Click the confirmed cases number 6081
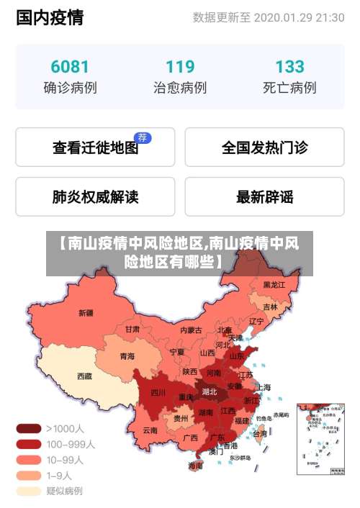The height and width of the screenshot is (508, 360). [70, 67]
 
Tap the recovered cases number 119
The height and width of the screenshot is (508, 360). [180, 67]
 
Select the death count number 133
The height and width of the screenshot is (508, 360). [289, 67]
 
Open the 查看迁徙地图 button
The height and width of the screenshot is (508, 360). [95, 148]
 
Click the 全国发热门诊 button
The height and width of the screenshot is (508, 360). [264, 148]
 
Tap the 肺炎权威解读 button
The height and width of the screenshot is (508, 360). [95, 196]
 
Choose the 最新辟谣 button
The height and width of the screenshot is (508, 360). [264, 196]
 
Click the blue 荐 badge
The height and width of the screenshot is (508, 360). [143, 137]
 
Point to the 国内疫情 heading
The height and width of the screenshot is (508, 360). [49, 17]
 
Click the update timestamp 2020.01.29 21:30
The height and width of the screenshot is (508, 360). [299, 17]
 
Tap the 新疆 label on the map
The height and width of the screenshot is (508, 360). [86, 313]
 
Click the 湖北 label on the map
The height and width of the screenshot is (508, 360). [210, 392]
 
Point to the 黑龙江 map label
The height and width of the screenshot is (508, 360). [274, 285]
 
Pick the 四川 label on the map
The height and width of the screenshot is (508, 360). [158, 393]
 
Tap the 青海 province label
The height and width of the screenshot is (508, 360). [127, 356]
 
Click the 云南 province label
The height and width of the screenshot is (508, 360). [150, 430]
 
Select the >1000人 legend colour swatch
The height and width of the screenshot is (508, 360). [28, 428]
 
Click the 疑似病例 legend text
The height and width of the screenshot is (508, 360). [65, 491]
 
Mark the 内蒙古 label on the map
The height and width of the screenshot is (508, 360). [191, 330]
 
